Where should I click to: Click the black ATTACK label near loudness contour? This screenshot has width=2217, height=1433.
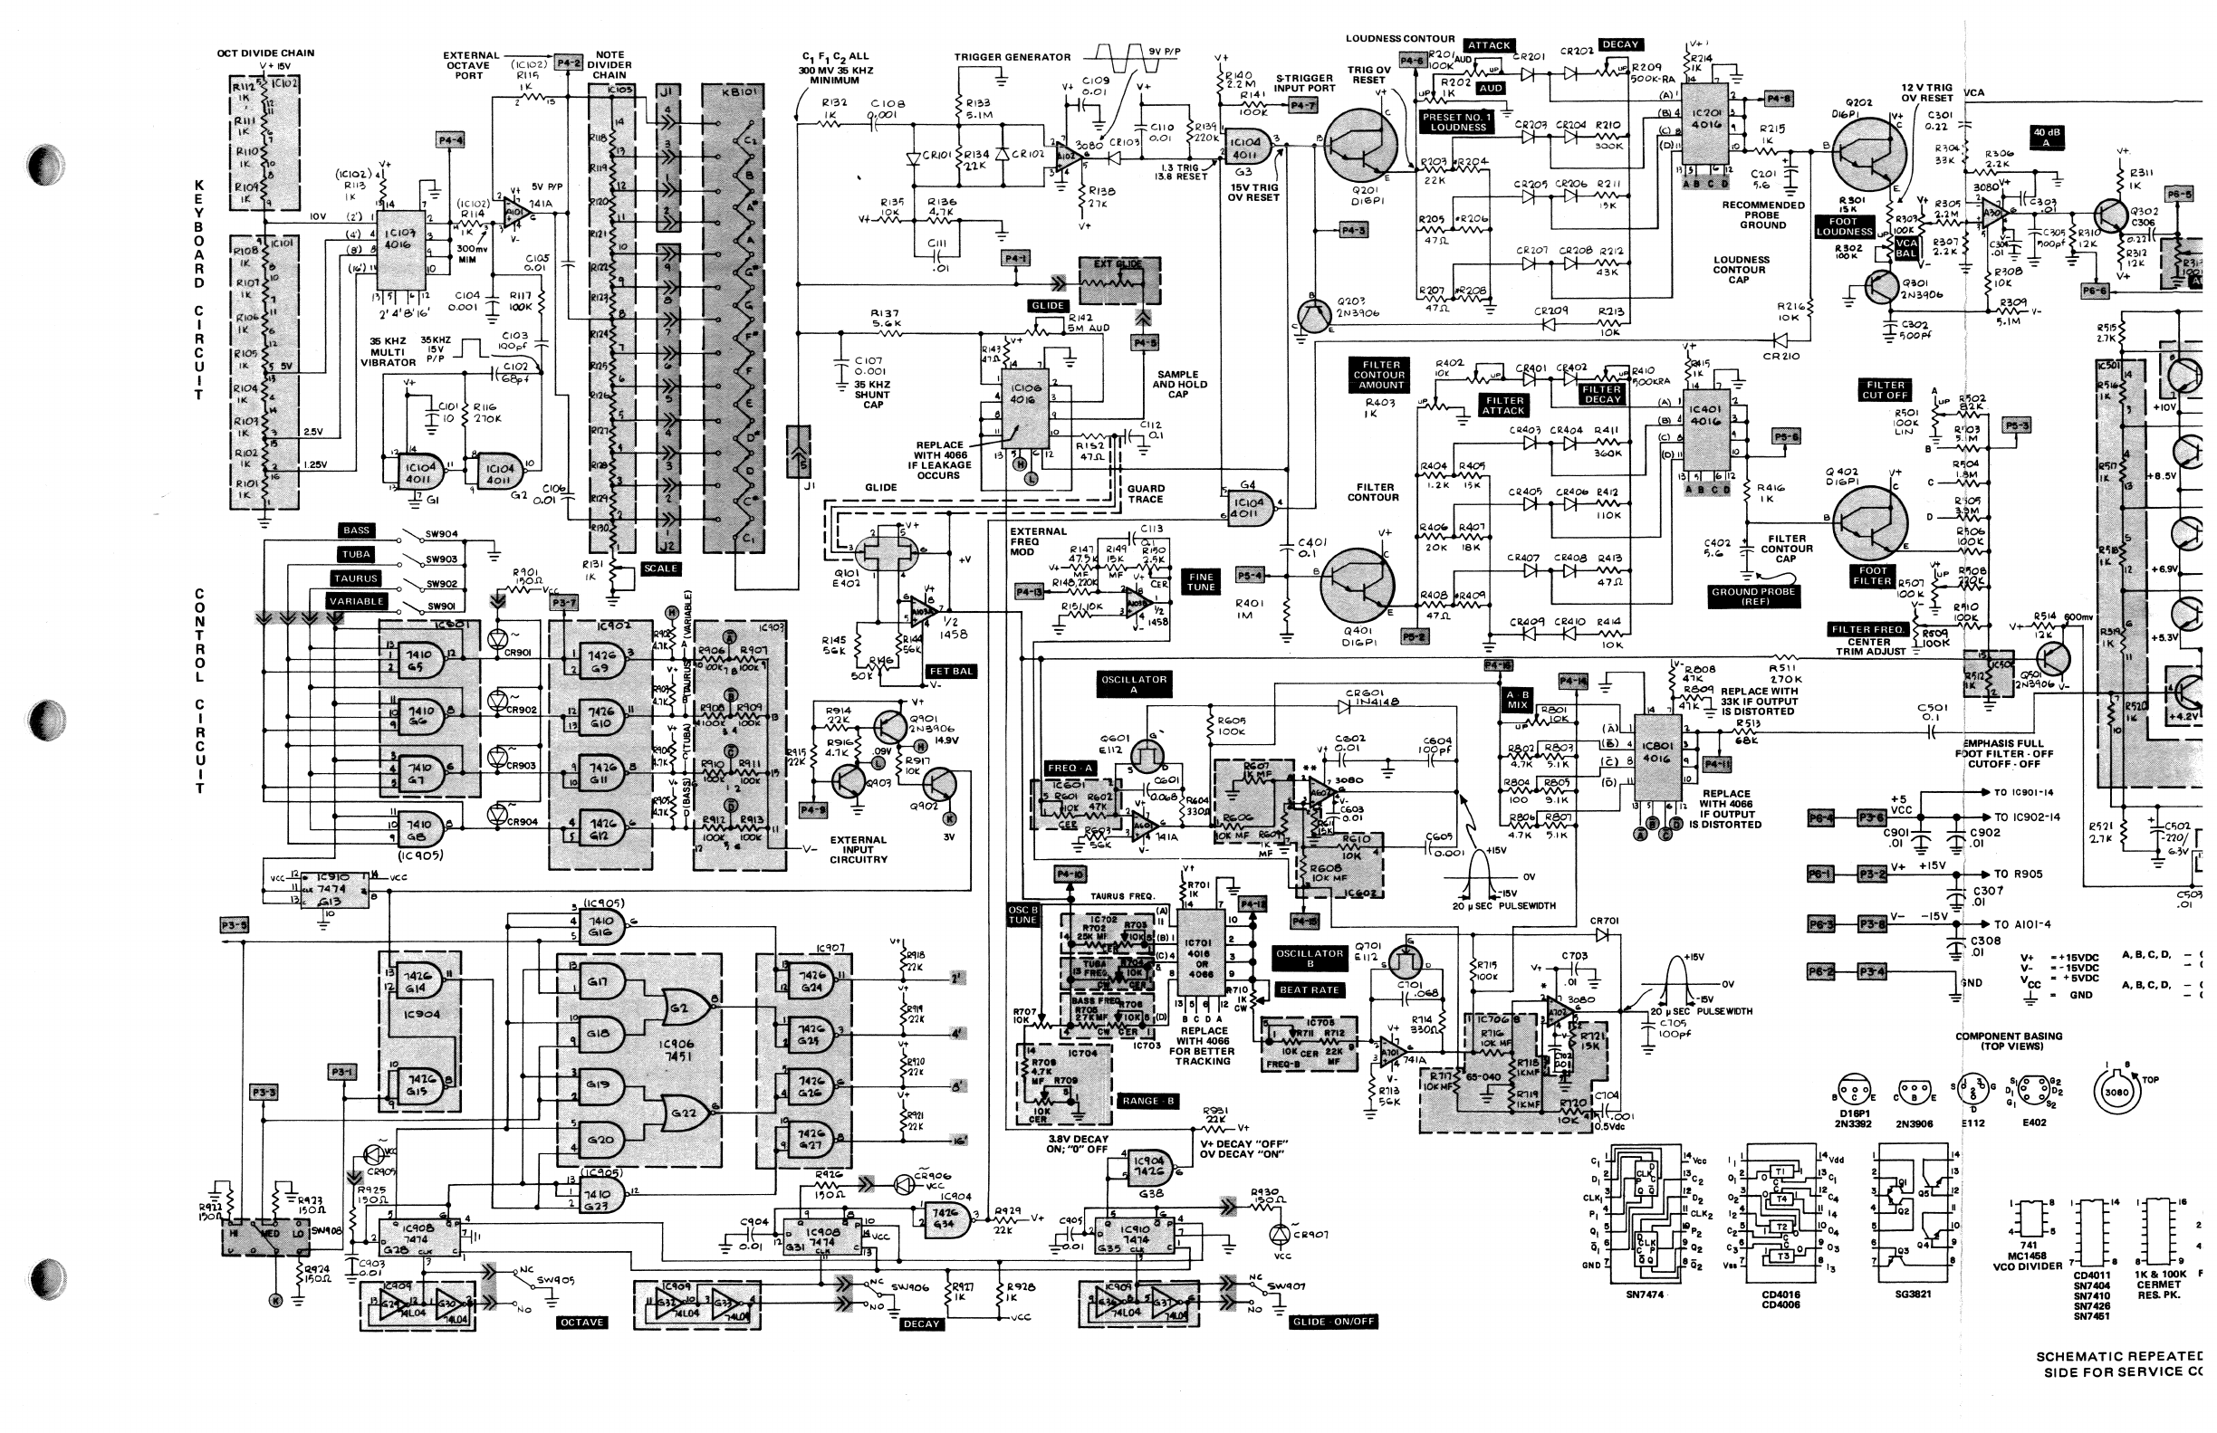(x=1488, y=44)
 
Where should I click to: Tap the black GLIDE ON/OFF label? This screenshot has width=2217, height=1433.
(x=1333, y=1322)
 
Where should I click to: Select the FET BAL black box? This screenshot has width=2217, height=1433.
(x=950, y=671)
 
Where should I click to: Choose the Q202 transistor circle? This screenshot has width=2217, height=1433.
(x=1868, y=155)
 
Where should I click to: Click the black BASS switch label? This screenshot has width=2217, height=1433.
(x=357, y=530)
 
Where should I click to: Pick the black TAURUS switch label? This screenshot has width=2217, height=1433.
(x=357, y=578)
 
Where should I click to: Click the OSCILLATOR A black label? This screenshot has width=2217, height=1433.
(x=1133, y=684)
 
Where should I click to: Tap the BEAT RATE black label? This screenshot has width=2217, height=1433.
(x=1309, y=989)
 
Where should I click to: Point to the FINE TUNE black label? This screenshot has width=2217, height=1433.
(x=1201, y=581)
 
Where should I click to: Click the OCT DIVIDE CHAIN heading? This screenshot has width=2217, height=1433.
(x=265, y=53)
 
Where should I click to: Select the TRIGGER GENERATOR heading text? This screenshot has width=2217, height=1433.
(x=1012, y=57)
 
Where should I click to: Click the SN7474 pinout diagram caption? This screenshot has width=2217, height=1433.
(x=1646, y=1294)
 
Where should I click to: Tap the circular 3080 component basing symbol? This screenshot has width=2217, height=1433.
(x=2116, y=1092)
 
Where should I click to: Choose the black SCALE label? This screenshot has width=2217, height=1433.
(x=661, y=568)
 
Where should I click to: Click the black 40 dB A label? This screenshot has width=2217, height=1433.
(x=2047, y=138)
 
